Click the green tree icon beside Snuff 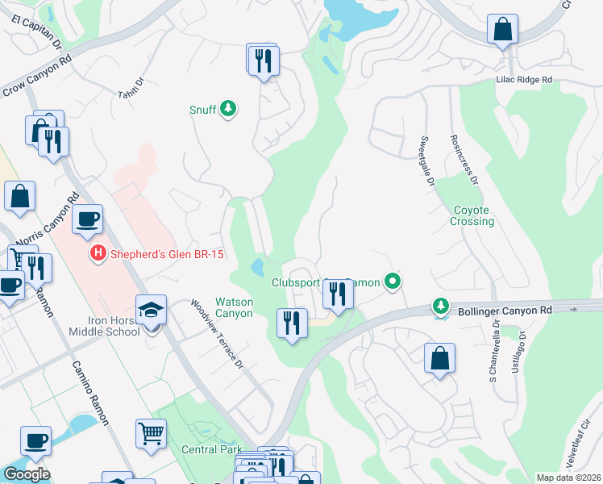pyautogui.click(x=228, y=109)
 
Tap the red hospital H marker pyautogui.click(x=98, y=253)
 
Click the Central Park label pyautogui.click(x=210, y=449)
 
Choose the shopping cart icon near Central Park pyautogui.click(x=151, y=434)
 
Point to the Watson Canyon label pyautogui.click(x=234, y=307)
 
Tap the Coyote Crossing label pyautogui.click(x=472, y=215)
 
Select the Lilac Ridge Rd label pyautogui.click(x=523, y=81)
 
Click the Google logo pyautogui.click(x=27, y=474)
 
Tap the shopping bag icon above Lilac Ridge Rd pyautogui.click(x=502, y=30)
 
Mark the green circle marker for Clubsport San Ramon pyautogui.click(x=393, y=282)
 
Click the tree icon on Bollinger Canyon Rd pyautogui.click(x=440, y=306)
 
